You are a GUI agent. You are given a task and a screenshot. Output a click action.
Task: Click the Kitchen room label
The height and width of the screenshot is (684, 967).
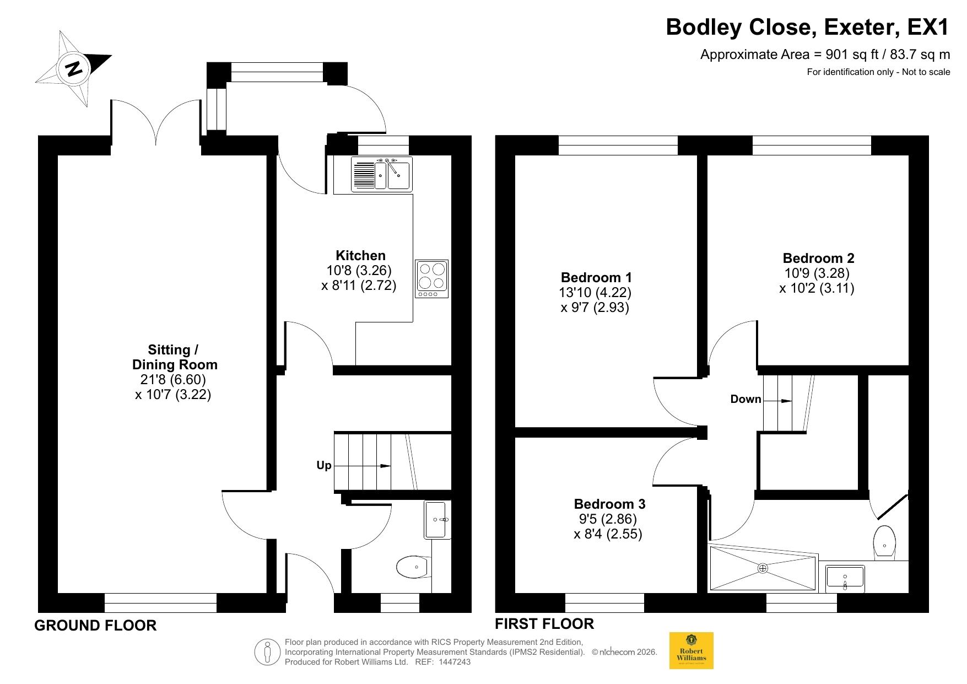point(361,255)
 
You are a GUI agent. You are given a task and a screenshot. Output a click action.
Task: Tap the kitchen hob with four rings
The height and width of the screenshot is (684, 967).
point(432,279)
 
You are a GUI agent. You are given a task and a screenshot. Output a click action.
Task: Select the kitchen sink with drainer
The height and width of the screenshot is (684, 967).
point(381,174)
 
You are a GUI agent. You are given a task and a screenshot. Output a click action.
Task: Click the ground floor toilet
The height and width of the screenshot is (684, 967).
point(413,567)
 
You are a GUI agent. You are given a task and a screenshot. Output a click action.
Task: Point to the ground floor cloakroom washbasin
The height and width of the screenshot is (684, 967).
point(437,519)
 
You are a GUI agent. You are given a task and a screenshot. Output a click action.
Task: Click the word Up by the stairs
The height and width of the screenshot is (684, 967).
point(324,466)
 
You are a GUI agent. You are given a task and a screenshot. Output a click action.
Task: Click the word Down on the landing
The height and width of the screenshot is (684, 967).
point(745,399)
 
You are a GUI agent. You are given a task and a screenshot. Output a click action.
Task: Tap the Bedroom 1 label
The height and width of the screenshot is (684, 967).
point(596,277)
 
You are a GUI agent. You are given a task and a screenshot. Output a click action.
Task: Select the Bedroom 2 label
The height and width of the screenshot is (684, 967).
point(818,258)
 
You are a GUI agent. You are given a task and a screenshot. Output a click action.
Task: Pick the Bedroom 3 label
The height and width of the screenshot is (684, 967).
point(609,504)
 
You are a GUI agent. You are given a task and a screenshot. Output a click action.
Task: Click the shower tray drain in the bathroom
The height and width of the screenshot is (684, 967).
point(763,568)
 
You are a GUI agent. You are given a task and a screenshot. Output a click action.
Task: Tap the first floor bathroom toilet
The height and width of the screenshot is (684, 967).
point(884,542)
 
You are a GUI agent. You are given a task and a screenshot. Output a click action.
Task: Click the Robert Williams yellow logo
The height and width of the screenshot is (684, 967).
point(691,650)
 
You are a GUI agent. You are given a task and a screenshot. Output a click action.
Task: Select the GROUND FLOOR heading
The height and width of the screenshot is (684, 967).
point(95,626)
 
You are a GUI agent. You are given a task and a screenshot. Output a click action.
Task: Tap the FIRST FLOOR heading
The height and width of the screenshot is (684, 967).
point(544,624)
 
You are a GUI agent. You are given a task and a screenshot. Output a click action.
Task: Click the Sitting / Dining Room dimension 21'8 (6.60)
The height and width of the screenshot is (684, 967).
point(173,379)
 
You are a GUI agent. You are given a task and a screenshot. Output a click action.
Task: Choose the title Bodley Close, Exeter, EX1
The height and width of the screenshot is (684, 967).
point(808,26)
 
